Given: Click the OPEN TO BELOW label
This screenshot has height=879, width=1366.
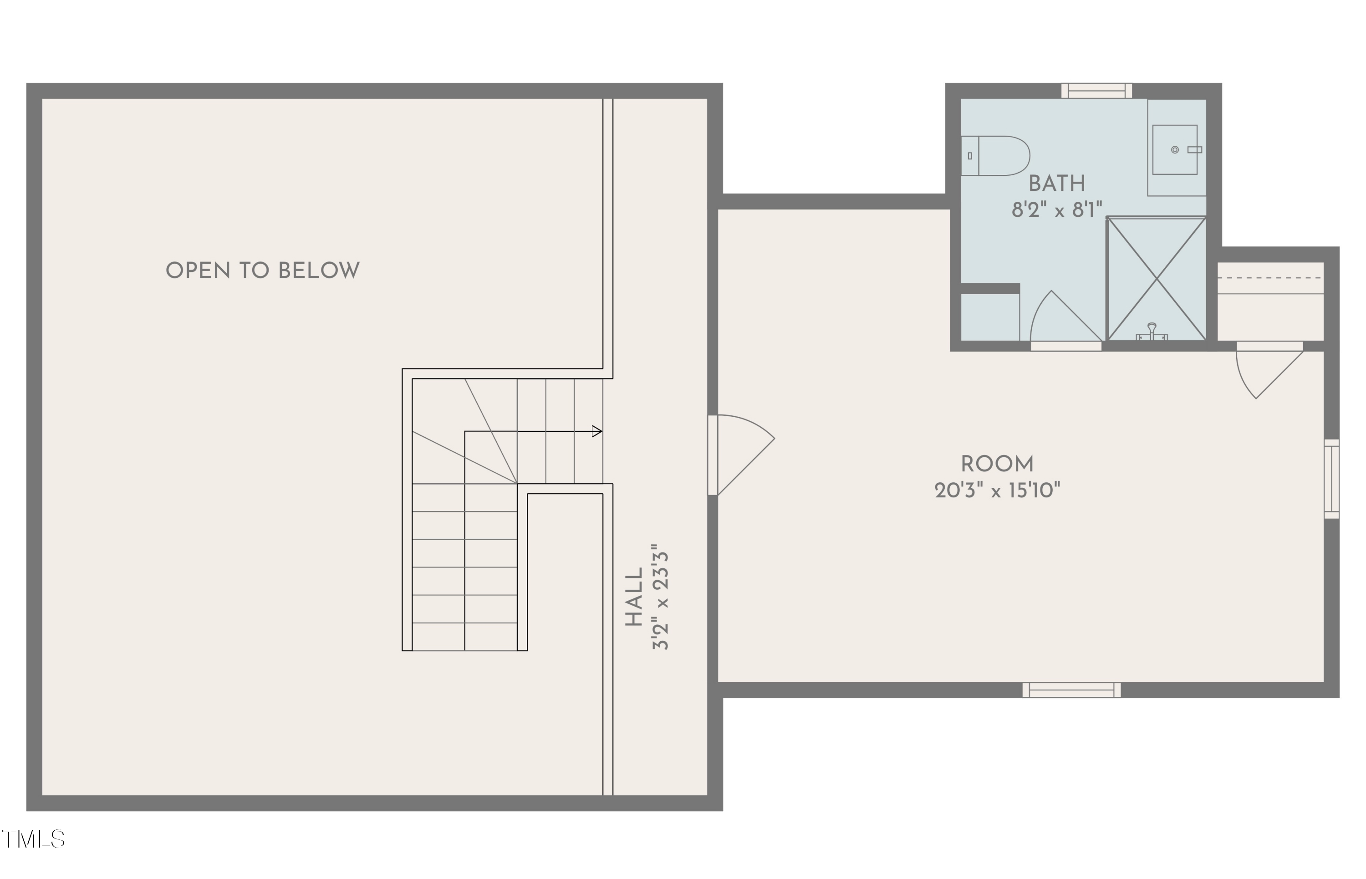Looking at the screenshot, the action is tap(262, 271).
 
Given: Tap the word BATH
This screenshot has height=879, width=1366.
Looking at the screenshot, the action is tap(1057, 184).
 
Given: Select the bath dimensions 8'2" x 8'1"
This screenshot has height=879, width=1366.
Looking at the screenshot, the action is tap(1057, 210).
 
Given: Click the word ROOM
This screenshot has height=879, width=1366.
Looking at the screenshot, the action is tap(997, 464).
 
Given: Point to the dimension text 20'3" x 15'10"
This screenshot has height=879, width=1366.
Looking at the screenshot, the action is tap(997, 491).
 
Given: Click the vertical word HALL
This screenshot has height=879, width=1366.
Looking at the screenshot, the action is tap(634, 597).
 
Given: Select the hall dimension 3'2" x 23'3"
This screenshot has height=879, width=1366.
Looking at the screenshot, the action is tap(660, 597).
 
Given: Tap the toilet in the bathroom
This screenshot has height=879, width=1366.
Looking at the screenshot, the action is tap(996, 156).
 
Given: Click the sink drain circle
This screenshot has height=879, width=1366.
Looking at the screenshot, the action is tap(1175, 149).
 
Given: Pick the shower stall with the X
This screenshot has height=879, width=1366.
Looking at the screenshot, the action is tap(1156, 279).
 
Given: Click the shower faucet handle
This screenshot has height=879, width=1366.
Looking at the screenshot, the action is tap(1152, 332).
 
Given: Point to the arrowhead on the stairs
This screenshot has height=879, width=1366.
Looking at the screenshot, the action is tap(597, 431).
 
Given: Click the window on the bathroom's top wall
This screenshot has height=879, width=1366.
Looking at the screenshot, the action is tap(1097, 91).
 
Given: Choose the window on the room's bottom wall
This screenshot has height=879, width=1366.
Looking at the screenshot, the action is tap(1071, 690).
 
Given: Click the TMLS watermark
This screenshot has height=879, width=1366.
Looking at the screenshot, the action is tap(33, 840).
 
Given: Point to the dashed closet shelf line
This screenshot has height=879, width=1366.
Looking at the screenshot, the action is tap(1270, 278).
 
